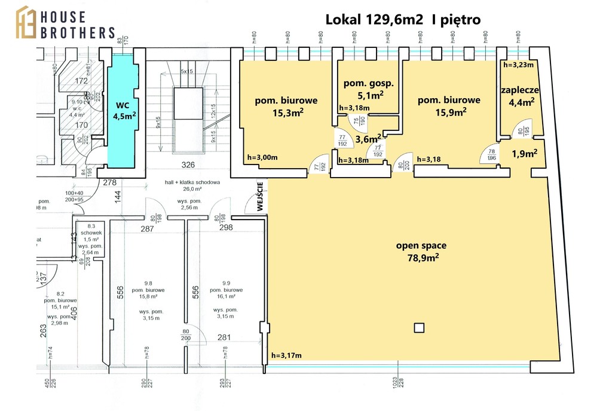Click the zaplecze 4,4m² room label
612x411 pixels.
tap(520, 96)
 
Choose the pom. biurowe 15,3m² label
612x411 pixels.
tap(286, 106)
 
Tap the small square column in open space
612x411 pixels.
tap(419, 327)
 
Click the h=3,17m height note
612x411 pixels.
tap(287, 356)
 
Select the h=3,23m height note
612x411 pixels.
tap(518, 65)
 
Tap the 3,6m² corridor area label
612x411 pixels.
tap(369, 139)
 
